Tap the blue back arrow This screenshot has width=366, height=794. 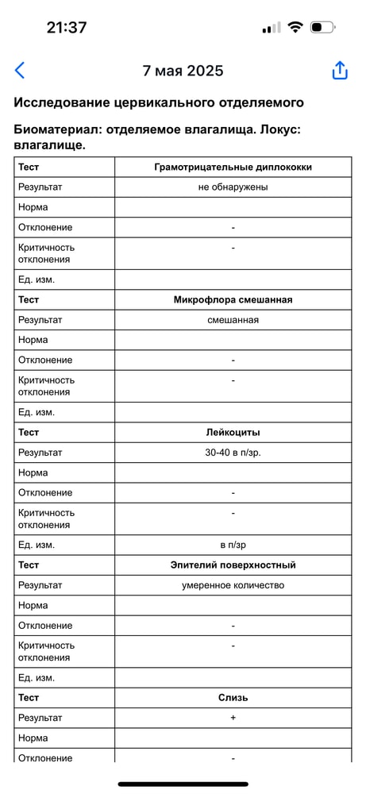click(x=20, y=71)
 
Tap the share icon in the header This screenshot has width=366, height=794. click(x=340, y=71)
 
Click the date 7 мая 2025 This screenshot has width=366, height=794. click(x=183, y=71)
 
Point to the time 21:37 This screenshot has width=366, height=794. click(x=67, y=27)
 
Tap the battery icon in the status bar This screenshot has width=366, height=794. click(x=322, y=27)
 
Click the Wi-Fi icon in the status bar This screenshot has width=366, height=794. click(x=295, y=27)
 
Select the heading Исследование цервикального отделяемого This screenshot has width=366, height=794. click(x=159, y=102)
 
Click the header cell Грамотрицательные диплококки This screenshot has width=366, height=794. click(x=233, y=168)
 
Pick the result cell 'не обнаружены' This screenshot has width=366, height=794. click(x=233, y=187)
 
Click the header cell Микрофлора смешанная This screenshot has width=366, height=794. click(x=233, y=300)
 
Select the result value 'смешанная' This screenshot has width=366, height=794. click(x=233, y=320)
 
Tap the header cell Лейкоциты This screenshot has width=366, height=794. click(x=233, y=433)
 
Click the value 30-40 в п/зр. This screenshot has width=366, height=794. click(x=233, y=453)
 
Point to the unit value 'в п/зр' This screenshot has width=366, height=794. click(x=233, y=545)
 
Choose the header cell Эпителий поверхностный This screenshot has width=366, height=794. click(x=233, y=565)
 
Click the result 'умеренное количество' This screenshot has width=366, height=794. click(x=233, y=585)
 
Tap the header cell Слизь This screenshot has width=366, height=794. click(x=233, y=698)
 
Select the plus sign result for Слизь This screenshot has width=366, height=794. click(x=233, y=718)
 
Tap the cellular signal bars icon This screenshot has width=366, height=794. click(x=271, y=28)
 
